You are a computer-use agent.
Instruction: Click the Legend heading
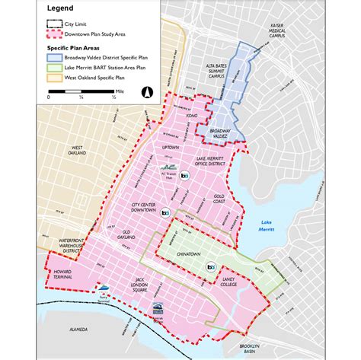(x=62, y=8)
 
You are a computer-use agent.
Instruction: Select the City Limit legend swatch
(x=54, y=24)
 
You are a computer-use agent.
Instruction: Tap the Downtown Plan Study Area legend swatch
(x=54, y=33)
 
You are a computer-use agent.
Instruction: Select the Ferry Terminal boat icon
(x=103, y=289)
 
